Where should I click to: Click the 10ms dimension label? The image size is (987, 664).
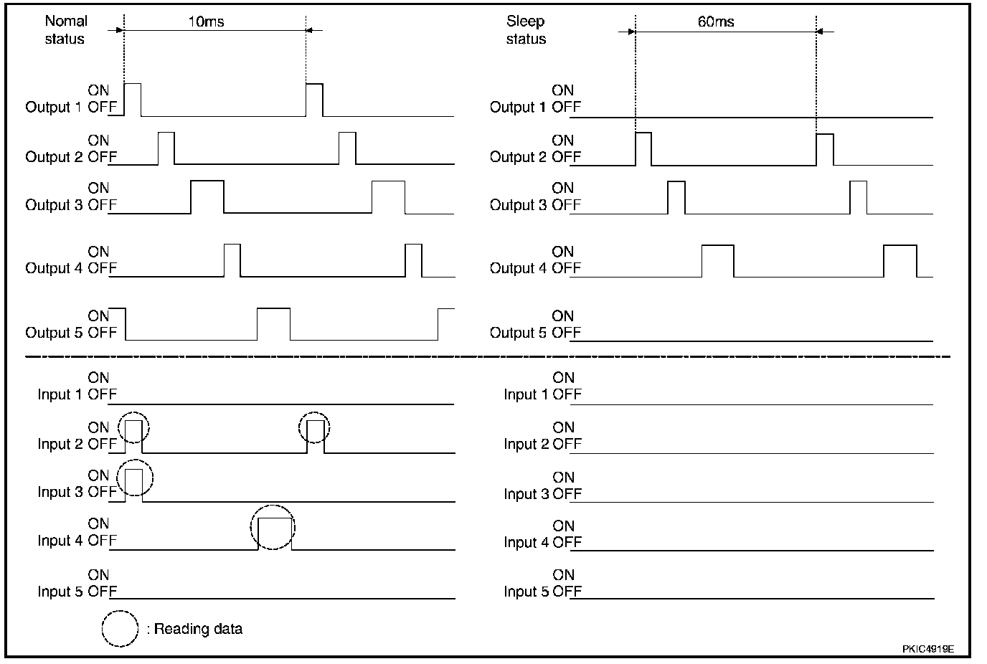206,22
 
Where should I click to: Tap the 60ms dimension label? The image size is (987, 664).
716,22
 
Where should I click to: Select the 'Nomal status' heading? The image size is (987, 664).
65,30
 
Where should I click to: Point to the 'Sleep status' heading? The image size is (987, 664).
526,30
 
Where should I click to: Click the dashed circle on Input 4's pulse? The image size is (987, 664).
273,527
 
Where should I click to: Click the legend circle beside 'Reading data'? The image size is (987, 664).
120,629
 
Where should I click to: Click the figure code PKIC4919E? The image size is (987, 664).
927,649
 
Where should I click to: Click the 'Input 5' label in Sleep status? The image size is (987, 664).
526,592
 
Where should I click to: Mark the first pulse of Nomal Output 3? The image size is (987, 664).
207,196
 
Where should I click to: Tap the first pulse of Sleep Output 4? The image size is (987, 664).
717,260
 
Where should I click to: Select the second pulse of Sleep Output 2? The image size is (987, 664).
825,148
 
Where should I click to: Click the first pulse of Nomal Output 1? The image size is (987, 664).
133,99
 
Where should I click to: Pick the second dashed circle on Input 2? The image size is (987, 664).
315,427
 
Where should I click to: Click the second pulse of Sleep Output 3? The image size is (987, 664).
858,197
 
